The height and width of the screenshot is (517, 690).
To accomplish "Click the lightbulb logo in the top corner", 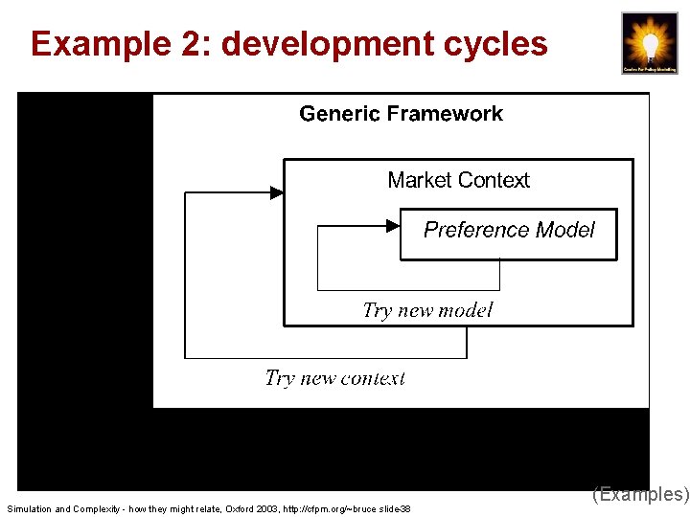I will tap(649, 43).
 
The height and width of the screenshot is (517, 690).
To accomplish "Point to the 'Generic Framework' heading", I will tap(401, 114).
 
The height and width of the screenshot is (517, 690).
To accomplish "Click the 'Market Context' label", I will tap(458, 180).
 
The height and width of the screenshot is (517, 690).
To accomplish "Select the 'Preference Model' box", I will tap(508, 234).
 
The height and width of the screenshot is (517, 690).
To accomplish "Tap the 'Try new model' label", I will tap(427, 310).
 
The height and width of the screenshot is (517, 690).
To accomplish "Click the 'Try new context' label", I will tap(334, 378).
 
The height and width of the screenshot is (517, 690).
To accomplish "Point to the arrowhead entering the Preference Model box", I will tap(392, 226).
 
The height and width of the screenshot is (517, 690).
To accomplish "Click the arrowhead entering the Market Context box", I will tap(276, 192).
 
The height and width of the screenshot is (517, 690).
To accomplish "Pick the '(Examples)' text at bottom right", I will tap(640, 494).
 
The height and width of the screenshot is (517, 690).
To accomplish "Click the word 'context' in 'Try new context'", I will tap(373, 378).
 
